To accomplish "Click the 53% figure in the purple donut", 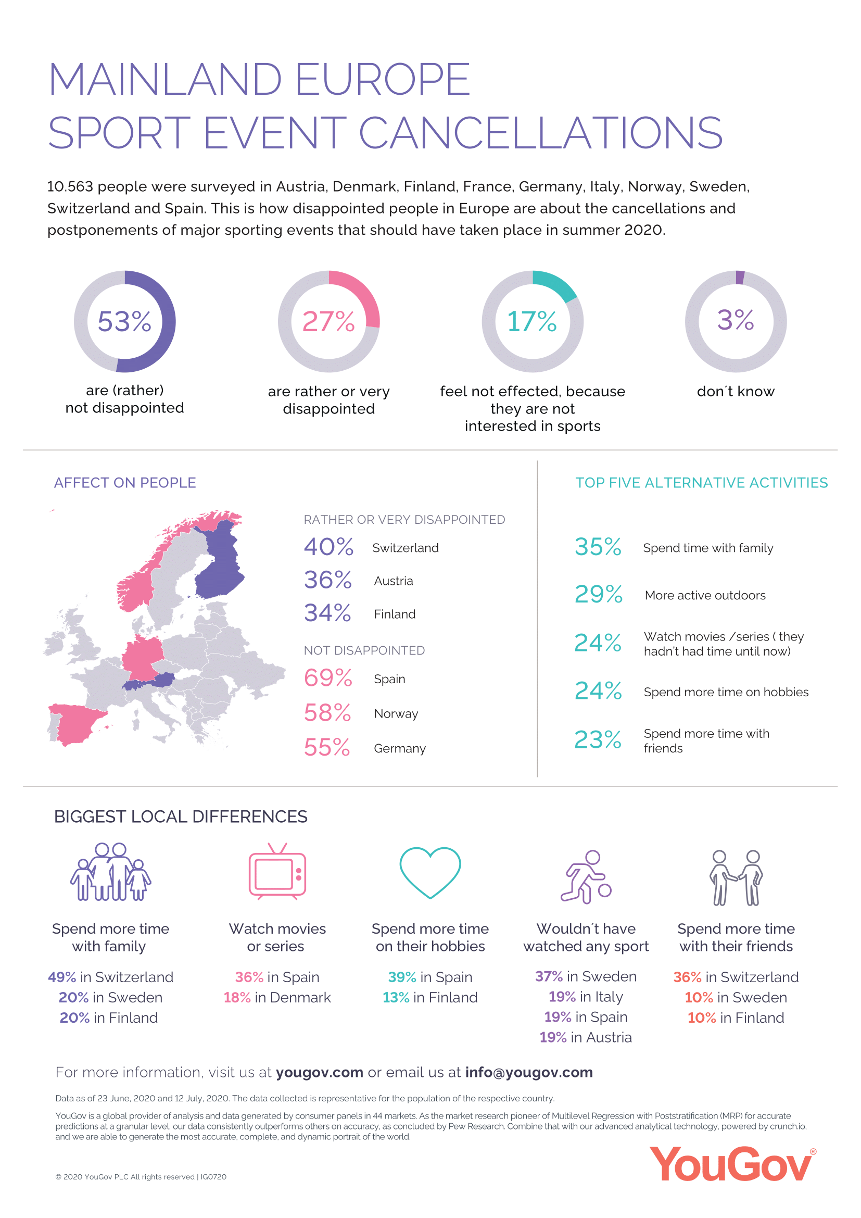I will (x=124, y=321).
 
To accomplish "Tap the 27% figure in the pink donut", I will (x=328, y=321).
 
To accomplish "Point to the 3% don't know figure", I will (x=736, y=320).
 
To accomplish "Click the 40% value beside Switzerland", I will (x=328, y=547).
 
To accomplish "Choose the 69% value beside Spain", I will (x=327, y=678).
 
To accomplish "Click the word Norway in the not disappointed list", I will (x=396, y=713).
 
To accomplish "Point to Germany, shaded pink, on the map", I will (x=142, y=658).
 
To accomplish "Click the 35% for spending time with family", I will (x=598, y=547).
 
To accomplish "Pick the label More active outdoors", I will (x=705, y=595).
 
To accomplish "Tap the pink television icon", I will (x=277, y=872).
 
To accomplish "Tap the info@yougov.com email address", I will (x=528, y=1072).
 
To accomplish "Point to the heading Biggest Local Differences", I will (x=181, y=817).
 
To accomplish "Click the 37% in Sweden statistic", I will (x=585, y=976).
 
